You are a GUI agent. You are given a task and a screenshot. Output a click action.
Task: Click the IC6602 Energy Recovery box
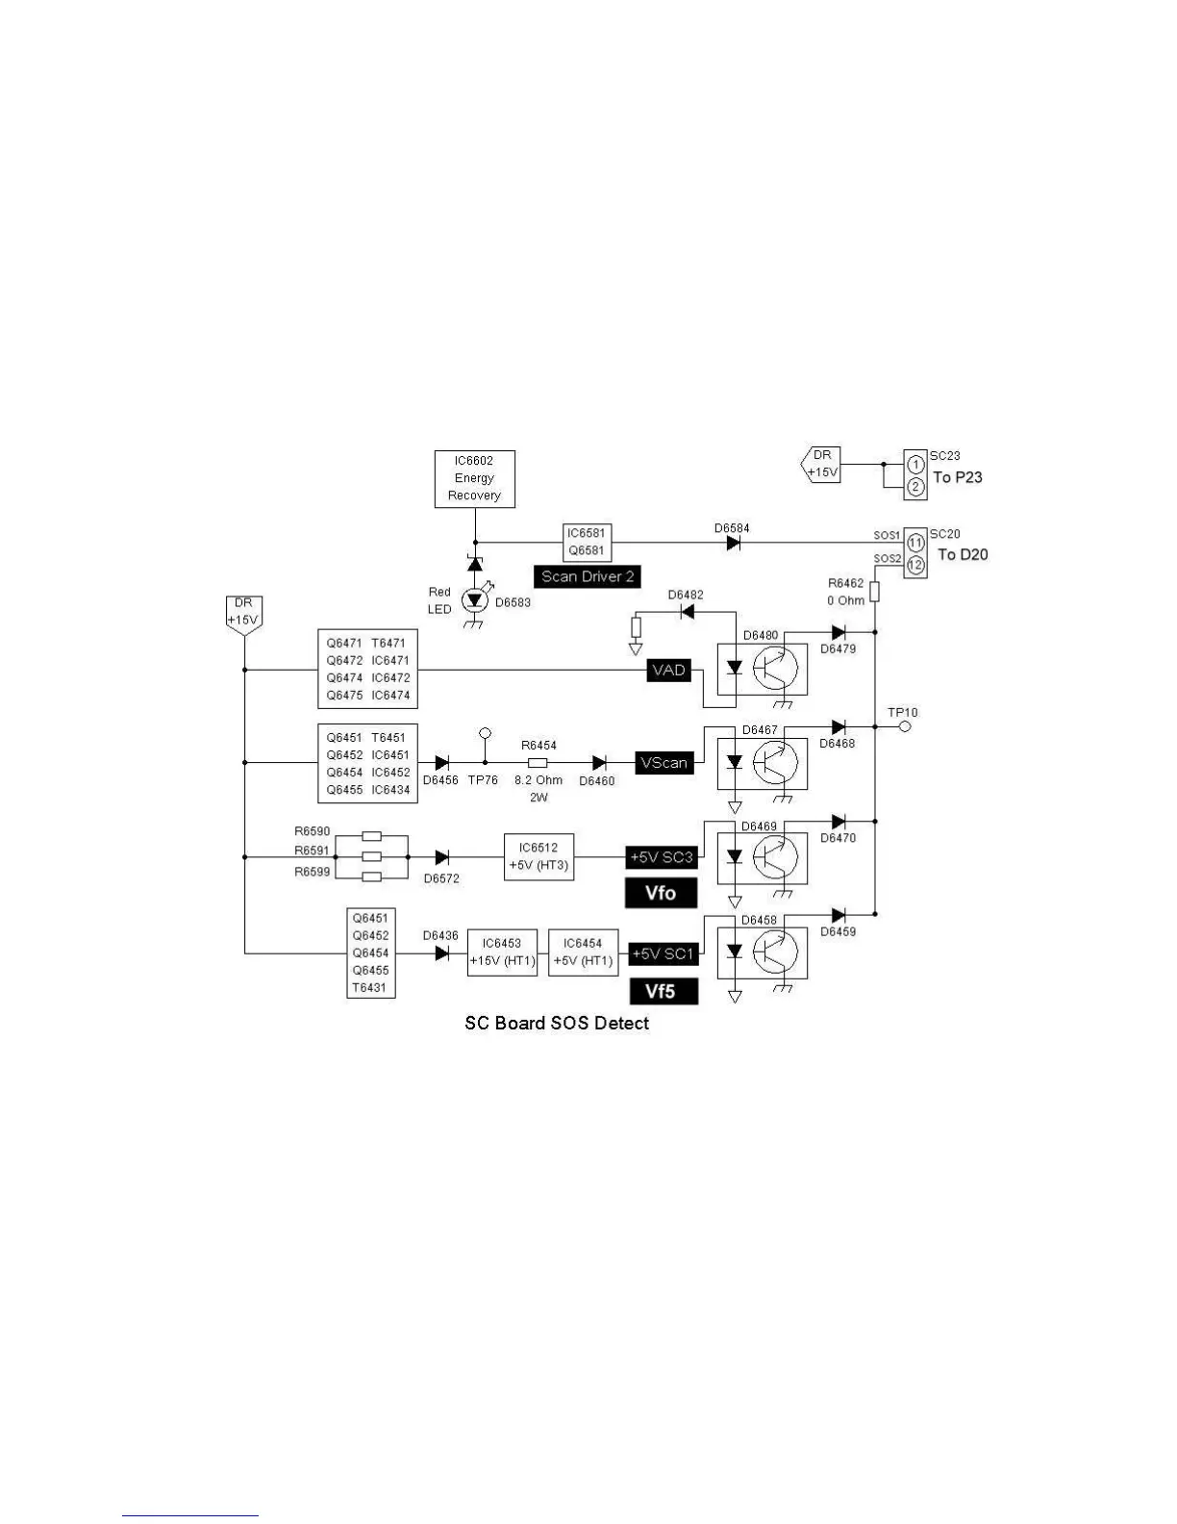(x=474, y=478)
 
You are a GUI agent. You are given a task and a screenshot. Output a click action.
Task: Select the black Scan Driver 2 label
(x=587, y=576)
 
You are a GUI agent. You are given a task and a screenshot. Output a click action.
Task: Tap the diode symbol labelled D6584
(x=734, y=543)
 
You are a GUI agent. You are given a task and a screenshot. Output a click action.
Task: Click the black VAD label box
(x=668, y=671)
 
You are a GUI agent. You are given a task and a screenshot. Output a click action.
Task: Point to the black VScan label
(x=664, y=763)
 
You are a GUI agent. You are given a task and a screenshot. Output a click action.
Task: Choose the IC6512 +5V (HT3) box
(x=538, y=856)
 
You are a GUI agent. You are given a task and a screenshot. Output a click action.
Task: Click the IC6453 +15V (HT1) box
(x=502, y=952)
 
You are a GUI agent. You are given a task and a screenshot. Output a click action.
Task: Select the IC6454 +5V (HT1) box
(x=583, y=952)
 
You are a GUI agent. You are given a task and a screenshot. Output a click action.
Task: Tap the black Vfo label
(x=661, y=893)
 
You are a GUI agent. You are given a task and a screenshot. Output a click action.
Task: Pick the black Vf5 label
(x=664, y=991)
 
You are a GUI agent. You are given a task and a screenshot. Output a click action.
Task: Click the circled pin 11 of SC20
(x=915, y=544)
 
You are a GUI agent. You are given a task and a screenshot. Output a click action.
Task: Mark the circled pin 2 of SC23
(x=915, y=488)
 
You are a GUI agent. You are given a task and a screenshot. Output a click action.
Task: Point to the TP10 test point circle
(x=904, y=727)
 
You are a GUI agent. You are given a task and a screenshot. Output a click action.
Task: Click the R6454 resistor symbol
(x=538, y=763)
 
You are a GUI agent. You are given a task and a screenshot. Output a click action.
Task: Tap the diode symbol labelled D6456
(x=441, y=763)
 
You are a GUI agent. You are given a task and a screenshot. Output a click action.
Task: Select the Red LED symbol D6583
(x=474, y=600)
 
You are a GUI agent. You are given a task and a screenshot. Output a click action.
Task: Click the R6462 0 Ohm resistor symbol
(x=874, y=592)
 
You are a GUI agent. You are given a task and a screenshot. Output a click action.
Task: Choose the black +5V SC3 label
(x=661, y=856)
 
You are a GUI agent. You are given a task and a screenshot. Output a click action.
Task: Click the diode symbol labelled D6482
(x=687, y=612)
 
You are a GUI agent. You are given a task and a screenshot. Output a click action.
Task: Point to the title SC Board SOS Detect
(x=557, y=1023)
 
